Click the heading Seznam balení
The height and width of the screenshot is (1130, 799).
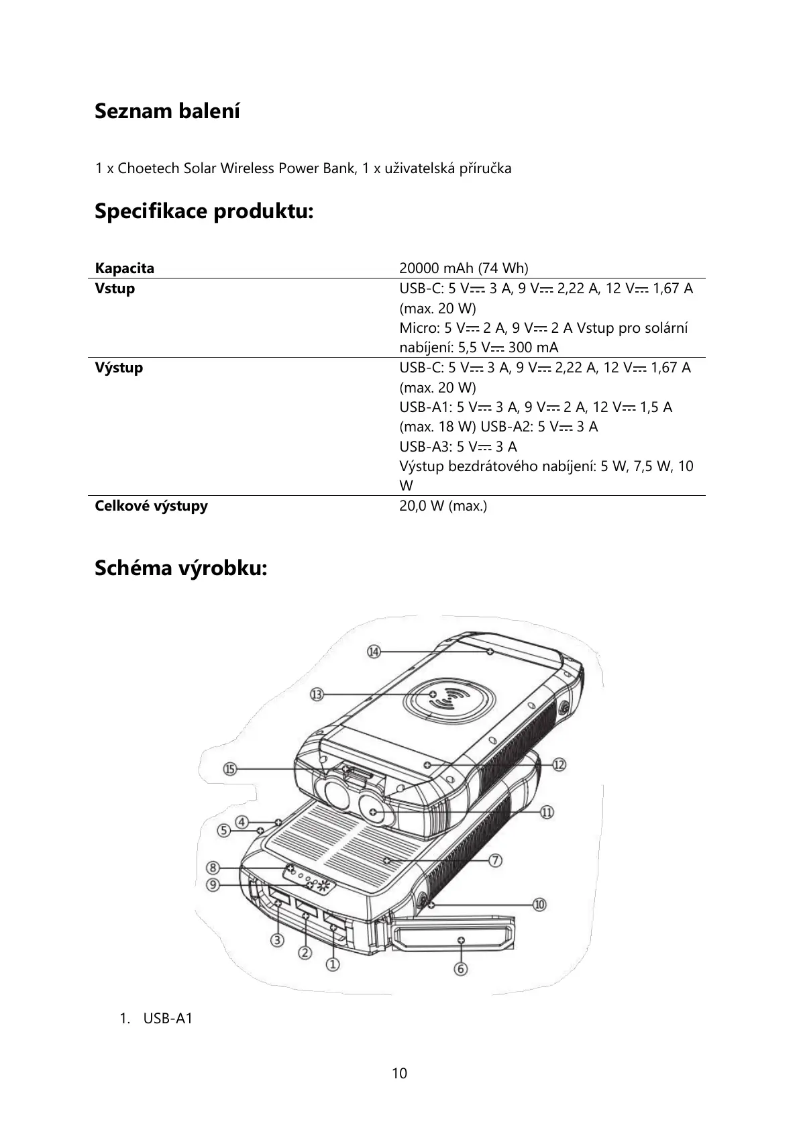(167, 111)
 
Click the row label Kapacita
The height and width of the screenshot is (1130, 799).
(125, 268)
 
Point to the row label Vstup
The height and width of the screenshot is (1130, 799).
(115, 289)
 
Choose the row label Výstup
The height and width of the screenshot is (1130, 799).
(119, 368)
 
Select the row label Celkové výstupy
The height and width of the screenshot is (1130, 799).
(151, 506)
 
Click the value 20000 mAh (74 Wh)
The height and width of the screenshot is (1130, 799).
(464, 268)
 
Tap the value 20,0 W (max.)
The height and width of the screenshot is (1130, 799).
(443, 506)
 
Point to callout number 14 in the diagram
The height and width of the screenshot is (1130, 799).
(374, 652)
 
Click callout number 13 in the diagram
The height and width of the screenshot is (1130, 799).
(317, 695)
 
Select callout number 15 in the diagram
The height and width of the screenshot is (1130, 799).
(231, 770)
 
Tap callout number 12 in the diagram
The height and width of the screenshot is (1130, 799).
(559, 764)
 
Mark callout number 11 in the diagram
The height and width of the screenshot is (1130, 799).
(547, 812)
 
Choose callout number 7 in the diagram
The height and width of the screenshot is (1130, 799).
(496, 860)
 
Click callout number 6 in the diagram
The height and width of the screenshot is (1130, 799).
(460, 968)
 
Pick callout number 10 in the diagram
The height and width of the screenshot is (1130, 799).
(539, 905)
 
